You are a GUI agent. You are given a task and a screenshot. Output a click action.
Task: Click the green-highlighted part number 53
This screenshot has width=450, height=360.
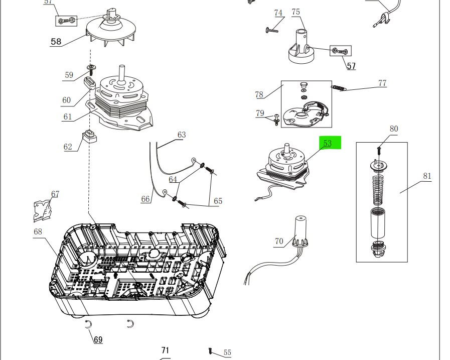point(328,143)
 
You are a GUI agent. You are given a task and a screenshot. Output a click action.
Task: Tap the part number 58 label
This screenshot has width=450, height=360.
point(56,42)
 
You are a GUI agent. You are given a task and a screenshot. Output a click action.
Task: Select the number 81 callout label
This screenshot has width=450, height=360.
point(427,176)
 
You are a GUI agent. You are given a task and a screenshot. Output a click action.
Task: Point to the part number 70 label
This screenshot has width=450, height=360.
point(279,242)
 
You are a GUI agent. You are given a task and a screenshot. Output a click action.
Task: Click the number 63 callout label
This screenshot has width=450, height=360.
point(182,135)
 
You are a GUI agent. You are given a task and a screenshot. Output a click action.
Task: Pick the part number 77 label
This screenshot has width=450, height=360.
point(382,83)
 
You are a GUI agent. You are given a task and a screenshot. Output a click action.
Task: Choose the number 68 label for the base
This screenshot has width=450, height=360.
point(38,231)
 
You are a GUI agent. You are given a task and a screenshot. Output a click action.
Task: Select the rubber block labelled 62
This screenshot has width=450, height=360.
point(89,136)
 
